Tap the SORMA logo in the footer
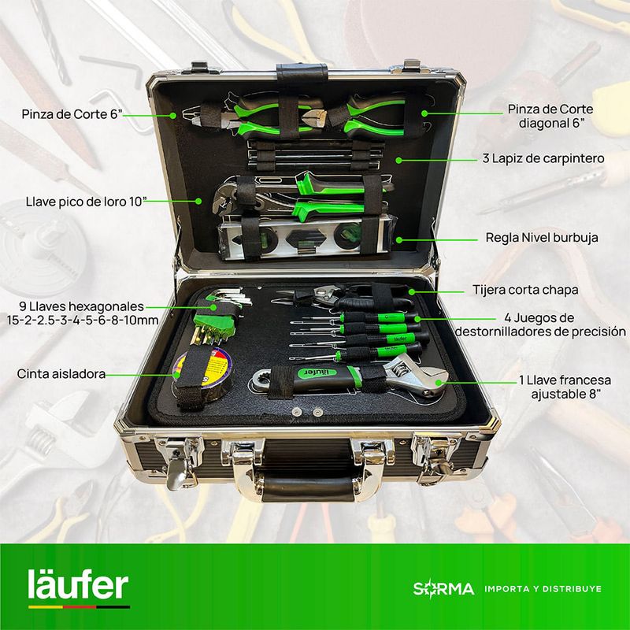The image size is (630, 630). click(443, 588)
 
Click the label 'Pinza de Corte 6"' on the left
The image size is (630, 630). click(72, 114)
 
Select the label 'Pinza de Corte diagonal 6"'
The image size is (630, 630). click(550, 116)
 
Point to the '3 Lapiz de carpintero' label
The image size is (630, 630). click(543, 158)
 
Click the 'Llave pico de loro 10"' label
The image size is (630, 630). click(84, 202)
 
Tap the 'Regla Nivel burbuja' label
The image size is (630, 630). click(542, 238)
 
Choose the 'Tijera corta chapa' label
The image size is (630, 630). click(525, 290)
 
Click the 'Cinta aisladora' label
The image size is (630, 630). click(61, 374)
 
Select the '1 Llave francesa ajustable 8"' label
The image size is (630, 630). click(565, 387)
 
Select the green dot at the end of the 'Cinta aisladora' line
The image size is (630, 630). click(176, 375)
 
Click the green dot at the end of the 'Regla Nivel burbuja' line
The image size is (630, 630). click(399, 240)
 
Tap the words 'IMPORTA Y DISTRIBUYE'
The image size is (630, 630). click(543, 589)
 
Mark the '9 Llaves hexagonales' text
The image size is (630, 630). click(81, 306)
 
